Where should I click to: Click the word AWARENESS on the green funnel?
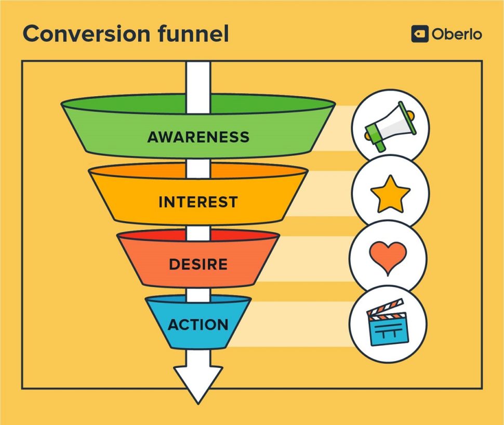(x=198, y=137)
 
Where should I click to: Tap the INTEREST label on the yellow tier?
(x=198, y=202)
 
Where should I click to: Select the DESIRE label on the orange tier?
(x=198, y=264)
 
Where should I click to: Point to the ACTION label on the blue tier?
(x=198, y=325)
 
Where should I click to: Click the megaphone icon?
(x=389, y=127)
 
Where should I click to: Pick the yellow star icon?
(x=390, y=194)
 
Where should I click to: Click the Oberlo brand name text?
(x=456, y=34)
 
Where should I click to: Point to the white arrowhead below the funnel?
(x=198, y=382)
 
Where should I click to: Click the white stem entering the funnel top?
(x=198, y=78)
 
